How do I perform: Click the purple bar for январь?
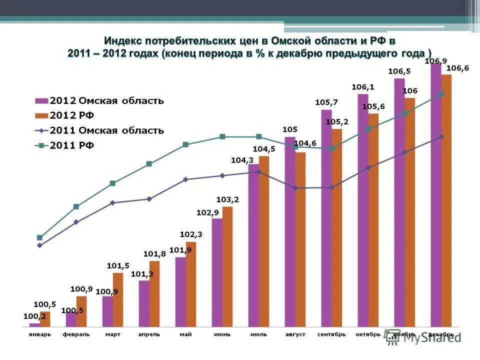click(34, 325)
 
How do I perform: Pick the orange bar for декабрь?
click(446, 200)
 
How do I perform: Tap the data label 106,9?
click(435, 61)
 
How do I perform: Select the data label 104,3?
click(241, 160)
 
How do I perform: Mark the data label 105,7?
click(326, 102)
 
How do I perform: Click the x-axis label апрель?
click(149, 334)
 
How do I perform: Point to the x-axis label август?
click(295, 334)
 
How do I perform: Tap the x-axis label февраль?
click(76, 334)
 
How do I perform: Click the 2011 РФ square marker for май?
click(185, 144)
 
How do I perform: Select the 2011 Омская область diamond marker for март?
click(112, 202)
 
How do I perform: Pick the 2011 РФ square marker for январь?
click(39, 237)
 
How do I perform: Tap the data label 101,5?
click(118, 266)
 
